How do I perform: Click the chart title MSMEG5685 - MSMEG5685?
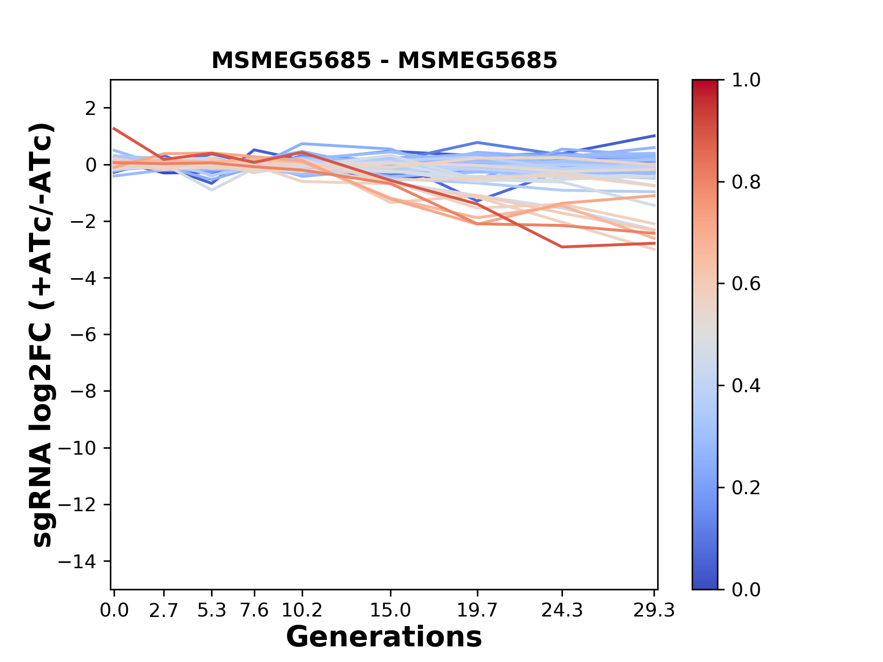pos(384,61)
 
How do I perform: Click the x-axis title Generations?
pos(384,637)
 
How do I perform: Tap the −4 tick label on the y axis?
pos(83,278)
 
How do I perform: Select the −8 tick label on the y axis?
pos(83,391)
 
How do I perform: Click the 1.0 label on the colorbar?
pos(746,80)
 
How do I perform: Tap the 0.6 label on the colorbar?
pos(746,284)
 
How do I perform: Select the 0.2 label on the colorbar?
pos(746,488)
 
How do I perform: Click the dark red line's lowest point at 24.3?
pos(562,247)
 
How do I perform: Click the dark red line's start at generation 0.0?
pos(114,129)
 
